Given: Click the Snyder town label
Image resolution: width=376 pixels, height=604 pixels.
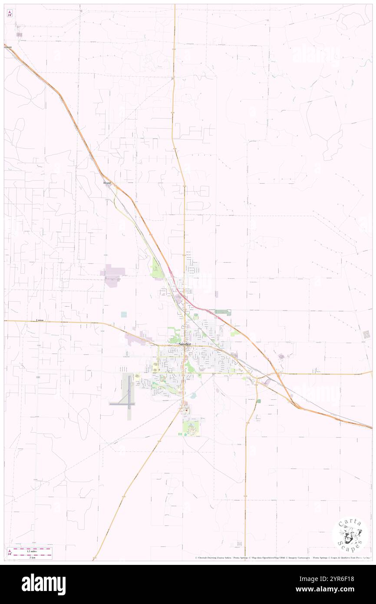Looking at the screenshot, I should point(185,344).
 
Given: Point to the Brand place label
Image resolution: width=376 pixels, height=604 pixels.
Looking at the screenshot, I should point(107,183).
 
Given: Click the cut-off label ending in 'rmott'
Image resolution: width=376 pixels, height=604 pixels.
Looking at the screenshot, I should point(8,46).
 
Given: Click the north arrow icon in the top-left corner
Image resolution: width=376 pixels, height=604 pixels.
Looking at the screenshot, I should point(10,13).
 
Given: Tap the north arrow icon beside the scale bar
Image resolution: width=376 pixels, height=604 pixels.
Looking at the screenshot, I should point(10,552).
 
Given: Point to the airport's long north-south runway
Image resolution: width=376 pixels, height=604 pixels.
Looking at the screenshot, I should point(129,389).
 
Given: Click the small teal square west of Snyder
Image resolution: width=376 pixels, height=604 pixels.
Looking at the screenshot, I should point(124,314).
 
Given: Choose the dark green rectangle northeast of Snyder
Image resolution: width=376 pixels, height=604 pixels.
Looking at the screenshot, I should point(223,312).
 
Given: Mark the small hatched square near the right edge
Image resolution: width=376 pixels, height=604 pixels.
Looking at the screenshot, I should point(367,334).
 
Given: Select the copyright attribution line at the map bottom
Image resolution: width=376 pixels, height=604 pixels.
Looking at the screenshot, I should point(282,558).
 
